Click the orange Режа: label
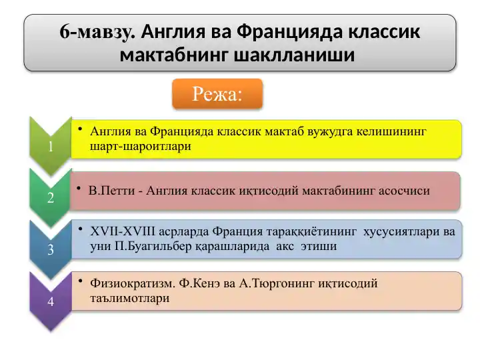pyautogui.click(x=218, y=94)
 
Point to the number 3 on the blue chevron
pyautogui.click(x=51, y=251)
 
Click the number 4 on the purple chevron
pyautogui.click(x=51, y=302)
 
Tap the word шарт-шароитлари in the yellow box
pyautogui.click(x=140, y=147)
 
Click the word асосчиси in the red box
pyautogui.click(x=405, y=191)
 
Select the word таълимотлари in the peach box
pyautogui.click(x=129, y=298)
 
